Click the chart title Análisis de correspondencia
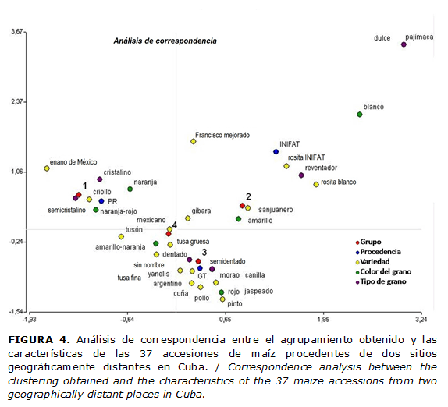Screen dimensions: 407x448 165,40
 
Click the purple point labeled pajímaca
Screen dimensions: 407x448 404,44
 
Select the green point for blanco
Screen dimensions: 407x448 360,115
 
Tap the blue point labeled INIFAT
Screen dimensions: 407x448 276,152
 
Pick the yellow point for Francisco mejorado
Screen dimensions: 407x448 193,141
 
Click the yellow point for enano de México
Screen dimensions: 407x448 47,168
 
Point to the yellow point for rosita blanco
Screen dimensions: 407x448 316,185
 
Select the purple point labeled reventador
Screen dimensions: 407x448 301,175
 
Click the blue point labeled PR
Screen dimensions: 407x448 101,201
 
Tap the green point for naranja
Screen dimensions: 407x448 130,189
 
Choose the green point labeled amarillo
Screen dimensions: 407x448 239,219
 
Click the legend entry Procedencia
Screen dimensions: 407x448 382,252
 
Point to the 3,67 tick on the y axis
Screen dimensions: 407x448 15,32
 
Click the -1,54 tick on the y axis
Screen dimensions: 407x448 15,311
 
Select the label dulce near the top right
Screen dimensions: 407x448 382,37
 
